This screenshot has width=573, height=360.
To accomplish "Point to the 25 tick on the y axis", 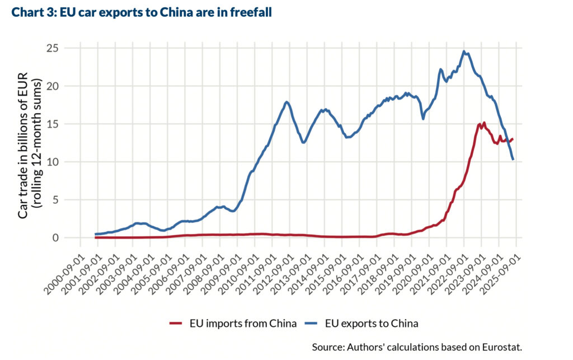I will tap(53, 48).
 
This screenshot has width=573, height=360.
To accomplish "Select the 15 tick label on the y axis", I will tap(53, 124).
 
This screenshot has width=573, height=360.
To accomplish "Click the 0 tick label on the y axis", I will tap(56, 238).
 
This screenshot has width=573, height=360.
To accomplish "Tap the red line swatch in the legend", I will tap(176, 323).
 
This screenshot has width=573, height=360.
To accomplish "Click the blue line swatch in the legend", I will tap(311, 323).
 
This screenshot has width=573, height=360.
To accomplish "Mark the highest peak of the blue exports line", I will tap(464, 52).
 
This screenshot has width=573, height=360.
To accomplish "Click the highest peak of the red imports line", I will tap(484, 122).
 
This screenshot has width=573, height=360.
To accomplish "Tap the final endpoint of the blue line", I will tap(513, 160).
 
